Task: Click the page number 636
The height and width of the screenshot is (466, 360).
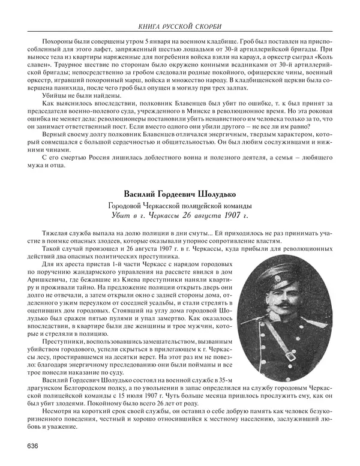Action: point(34,444)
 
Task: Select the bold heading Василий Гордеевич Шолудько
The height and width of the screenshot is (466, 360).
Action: point(179,194)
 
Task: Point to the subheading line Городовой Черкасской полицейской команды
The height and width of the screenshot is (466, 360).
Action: point(179,205)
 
